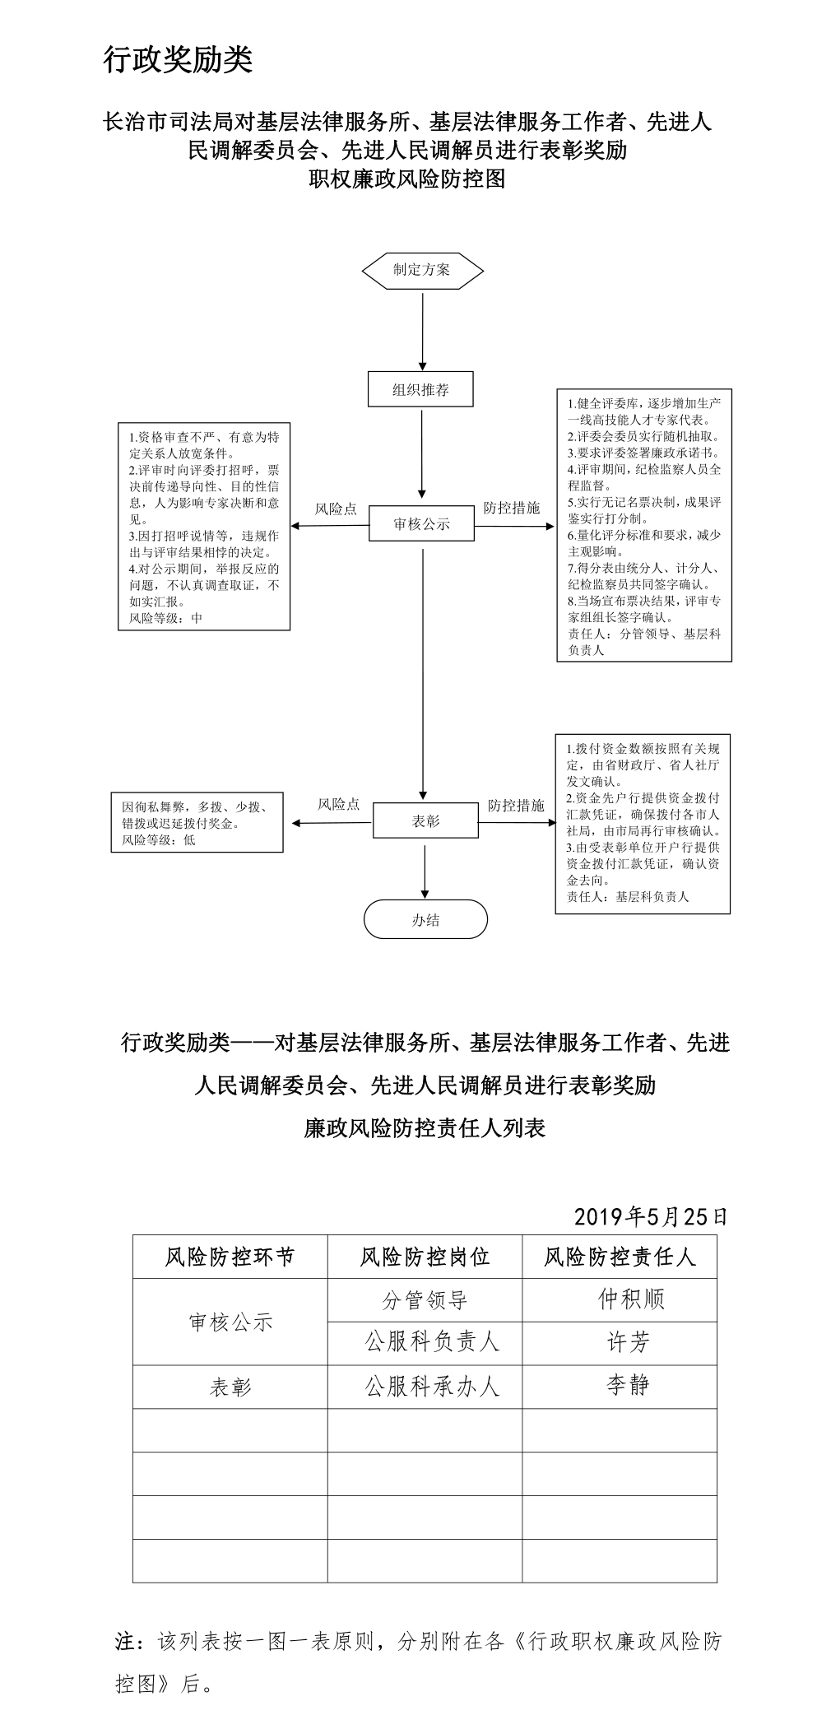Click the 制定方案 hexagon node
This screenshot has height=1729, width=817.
pyautogui.click(x=422, y=270)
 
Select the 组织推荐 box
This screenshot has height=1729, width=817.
pyautogui.click(x=420, y=390)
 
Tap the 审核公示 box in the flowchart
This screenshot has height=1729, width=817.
pyautogui.click(x=421, y=524)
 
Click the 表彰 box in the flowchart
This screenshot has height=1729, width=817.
pyautogui.click(x=425, y=821)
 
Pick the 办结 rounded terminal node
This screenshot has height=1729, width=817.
pyautogui.click(x=425, y=920)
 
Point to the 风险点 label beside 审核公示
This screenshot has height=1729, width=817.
pyautogui.click(x=337, y=509)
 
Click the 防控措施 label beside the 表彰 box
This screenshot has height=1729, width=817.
pyautogui.click(x=516, y=805)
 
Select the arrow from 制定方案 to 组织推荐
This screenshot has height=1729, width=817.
pyautogui.click(x=423, y=329)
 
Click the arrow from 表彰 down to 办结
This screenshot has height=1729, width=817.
pyautogui.click(x=425, y=869)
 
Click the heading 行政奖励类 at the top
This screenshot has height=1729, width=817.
pyautogui.click(x=178, y=60)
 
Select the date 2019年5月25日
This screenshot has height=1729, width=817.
pyautogui.click(x=650, y=1216)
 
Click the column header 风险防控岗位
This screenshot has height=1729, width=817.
pyautogui.click(x=425, y=1257)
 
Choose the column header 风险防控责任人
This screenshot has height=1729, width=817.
pyautogui.click(x=620, y=1257)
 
